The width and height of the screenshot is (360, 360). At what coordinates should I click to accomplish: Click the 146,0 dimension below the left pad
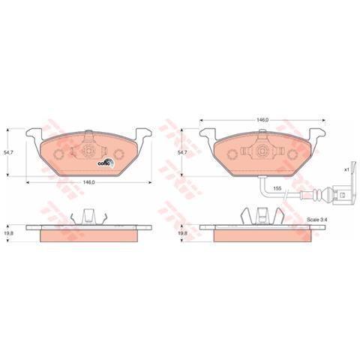click(x=88, y=182)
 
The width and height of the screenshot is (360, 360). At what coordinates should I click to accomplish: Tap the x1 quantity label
click(x=347, y=169)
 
